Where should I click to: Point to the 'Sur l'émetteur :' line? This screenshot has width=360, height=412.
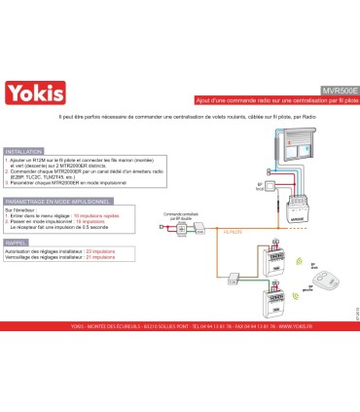[23, 209]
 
